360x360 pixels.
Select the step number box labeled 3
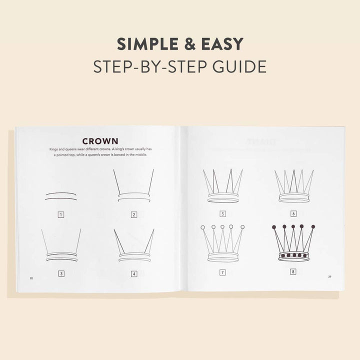pyautogui.click(x=60, y=273)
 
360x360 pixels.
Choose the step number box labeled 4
pyautogui.click(x=133, y=273)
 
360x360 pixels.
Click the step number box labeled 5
pyautogui.click(x=222, y=213)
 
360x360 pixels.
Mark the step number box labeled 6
pyautogui.click(x=293, y=213)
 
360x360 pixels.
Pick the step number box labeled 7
pyautogui.click(x=222, y=272)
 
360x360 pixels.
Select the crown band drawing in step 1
pyautogui.click(x=60, y=195)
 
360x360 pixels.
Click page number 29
pyautogui.click(x=329, y=276)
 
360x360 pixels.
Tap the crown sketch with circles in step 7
pyautogui.click(x=222, y=243)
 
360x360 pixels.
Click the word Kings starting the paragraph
pyautogui.click(x=54, y=149)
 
